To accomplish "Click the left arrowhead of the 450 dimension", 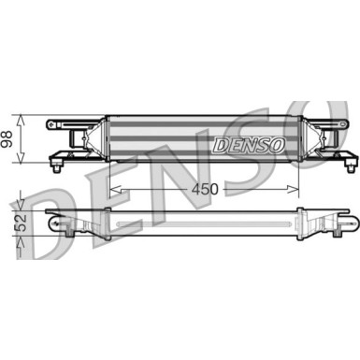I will pyautogui.click(x=114, y=189).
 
